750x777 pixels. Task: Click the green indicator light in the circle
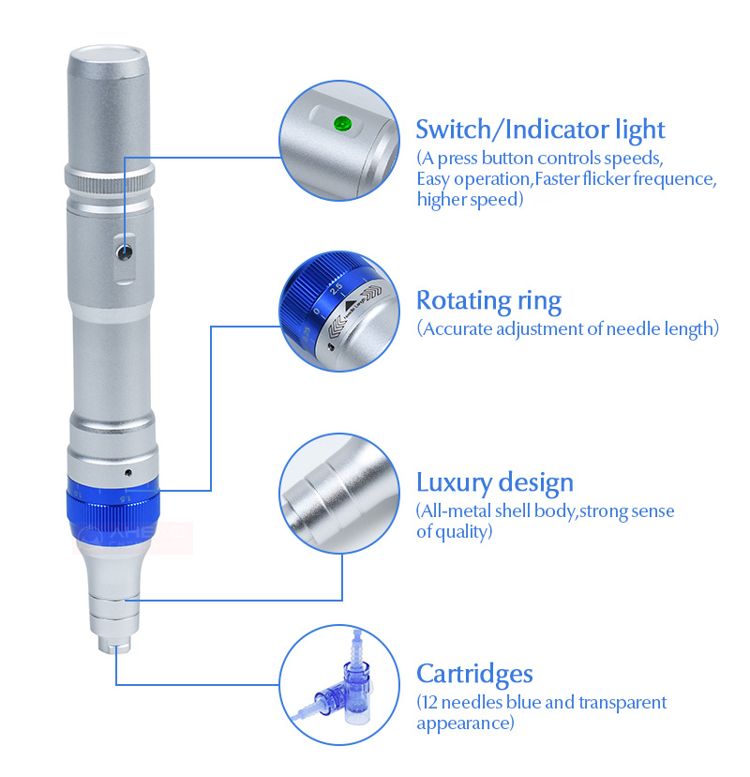[340, 122]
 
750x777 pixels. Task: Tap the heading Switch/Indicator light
[540, 129]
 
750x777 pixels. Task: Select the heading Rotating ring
[488, 301]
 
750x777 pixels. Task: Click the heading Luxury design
[494, 483]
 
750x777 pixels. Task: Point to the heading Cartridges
[474, 673]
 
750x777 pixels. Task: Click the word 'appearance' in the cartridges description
[463, 724]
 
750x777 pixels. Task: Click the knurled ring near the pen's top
[109, 176]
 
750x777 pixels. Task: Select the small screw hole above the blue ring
[127, 467]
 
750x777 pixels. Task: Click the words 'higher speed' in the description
[468, 199]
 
